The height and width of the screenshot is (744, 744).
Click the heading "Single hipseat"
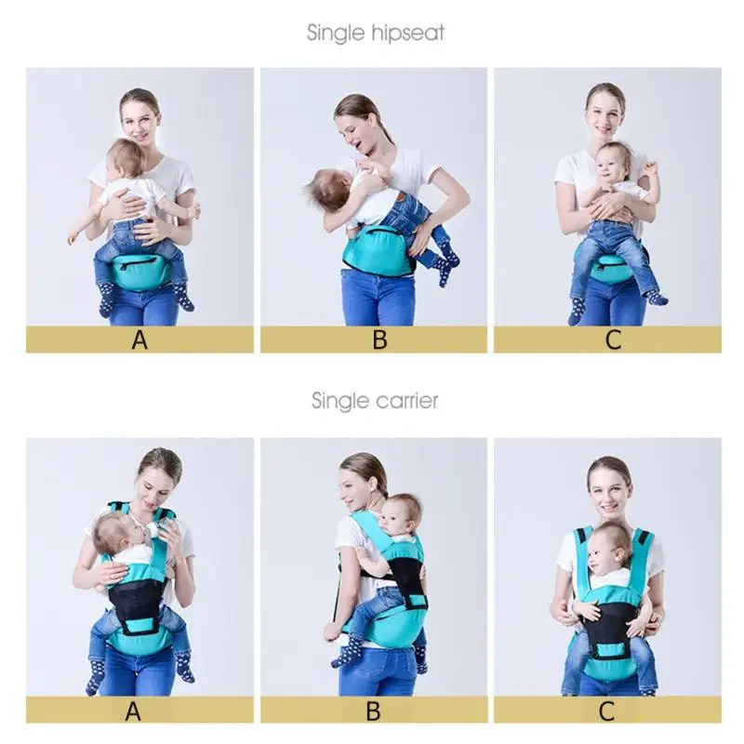[x=376, y=33]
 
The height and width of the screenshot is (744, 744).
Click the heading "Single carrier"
[x=375, y=401]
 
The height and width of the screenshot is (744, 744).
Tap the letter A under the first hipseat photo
[x=139, y=339]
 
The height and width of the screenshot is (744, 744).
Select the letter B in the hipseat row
[x=379, y=339]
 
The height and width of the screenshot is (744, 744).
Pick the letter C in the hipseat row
[x=613, y=339]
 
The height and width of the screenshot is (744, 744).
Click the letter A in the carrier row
[x=134, y=711]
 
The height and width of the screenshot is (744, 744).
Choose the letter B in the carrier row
[x=373, y=711]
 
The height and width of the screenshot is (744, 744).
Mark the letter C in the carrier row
[x=607, y=711]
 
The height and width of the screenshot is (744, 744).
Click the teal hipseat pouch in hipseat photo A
[x=139, y=271]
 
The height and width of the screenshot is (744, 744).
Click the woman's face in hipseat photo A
[x=139, y=119]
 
